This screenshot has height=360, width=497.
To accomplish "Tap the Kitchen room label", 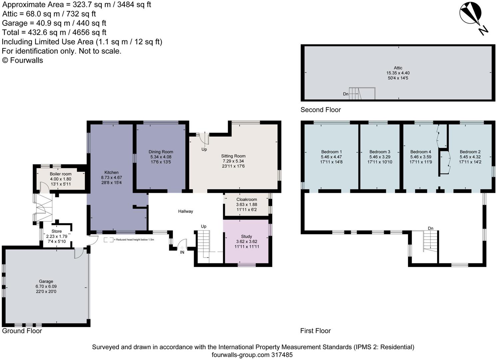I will (x=111, y=172).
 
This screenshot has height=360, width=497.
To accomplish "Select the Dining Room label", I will (x=161, y=152).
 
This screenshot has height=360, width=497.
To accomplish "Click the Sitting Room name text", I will (x=233, y=156).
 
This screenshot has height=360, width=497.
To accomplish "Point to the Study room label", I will (x=247, y=236).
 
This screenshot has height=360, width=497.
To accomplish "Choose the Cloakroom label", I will (x=247, y=199).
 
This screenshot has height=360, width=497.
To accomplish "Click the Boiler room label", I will (x=61, y=174).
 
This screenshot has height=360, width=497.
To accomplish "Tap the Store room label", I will (x=57, y=231).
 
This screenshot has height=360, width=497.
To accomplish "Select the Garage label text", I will (x=46, y=281).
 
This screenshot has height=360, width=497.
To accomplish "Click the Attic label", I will (x=398, y=68).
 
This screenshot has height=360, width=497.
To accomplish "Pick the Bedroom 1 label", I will (x=331, y=152).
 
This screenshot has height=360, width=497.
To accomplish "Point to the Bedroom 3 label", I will (x=380, y=152).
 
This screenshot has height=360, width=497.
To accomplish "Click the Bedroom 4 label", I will (x=420, y=152).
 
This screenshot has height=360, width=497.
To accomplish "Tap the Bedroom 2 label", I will (x=470, y=152).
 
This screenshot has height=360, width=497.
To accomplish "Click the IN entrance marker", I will (x=182, y=252).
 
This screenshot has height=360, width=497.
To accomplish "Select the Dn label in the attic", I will (x=346, y=94).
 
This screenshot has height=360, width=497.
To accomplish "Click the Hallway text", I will (x=186, y=211).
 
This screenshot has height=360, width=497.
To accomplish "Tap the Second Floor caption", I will (x=320, y=110).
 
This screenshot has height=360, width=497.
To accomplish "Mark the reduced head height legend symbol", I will (x=109, y=240).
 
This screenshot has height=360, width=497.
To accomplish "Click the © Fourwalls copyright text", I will (x=23, y=60).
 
